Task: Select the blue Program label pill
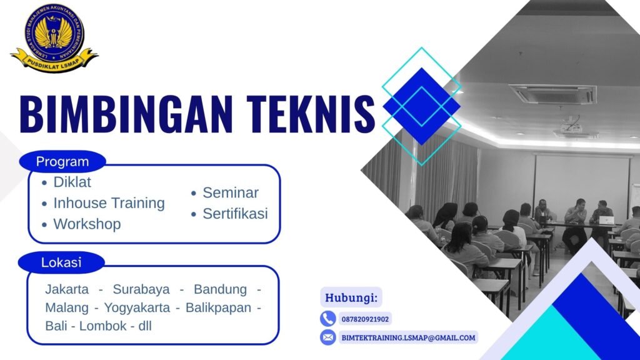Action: [62, 162]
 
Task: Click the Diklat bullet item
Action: [72, 182]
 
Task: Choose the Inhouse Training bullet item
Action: [109, 203]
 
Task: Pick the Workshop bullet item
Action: [87, 224]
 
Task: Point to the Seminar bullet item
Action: [230, 193]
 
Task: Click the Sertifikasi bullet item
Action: [235, 214]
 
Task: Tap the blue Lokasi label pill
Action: [61, 262]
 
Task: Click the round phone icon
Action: [328, 319]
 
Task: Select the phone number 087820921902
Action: [365, 319]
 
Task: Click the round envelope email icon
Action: [328, 337]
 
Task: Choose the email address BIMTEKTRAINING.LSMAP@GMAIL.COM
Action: [408, 337]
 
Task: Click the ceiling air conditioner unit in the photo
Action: [553, 94]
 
